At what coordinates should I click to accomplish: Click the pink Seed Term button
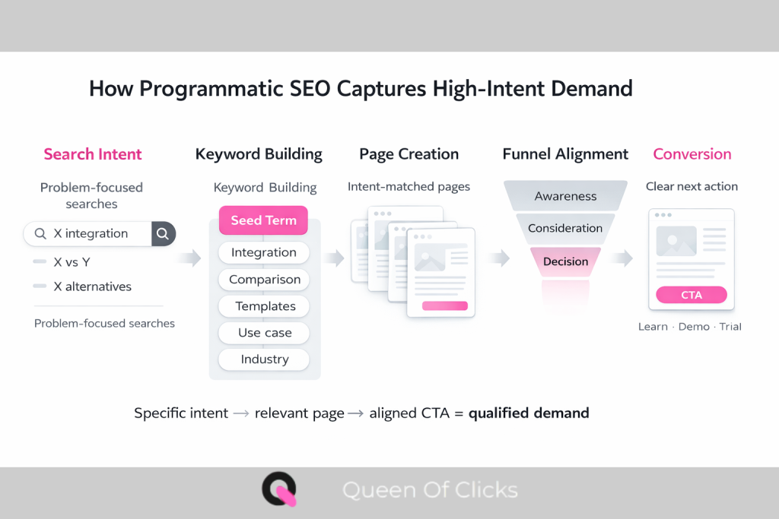[x=263, y=220]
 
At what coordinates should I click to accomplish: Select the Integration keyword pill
[x=263, y=252]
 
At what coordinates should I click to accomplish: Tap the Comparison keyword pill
[x=264, y=280]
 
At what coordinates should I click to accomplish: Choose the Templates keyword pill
[x=264, y=306]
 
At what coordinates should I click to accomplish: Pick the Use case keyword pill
[x=264, y=333]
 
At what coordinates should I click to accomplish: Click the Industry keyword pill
[x=264, y=359]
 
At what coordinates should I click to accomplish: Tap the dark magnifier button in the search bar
[x=163, y=233]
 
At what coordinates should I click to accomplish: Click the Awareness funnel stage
[x=565, y=196]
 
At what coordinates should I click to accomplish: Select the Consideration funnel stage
[x=564, y=228]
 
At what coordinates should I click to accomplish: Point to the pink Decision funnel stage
[x=565, y=261]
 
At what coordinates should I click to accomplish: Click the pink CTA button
[x=691, y=295]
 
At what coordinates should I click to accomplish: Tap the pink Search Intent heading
[x=93, y=154]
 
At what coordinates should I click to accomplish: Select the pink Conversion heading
[x=692, y=154]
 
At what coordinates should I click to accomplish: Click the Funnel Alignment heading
[x=565, y=154]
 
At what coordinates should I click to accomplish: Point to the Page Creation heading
[x=409, y=154]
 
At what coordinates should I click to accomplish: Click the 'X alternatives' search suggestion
[x=92, y=286]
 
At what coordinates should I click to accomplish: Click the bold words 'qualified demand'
[x=529, y=413]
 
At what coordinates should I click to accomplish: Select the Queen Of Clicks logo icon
[x=279, y=490]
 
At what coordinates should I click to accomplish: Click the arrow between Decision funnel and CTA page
[x=622, y=259]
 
